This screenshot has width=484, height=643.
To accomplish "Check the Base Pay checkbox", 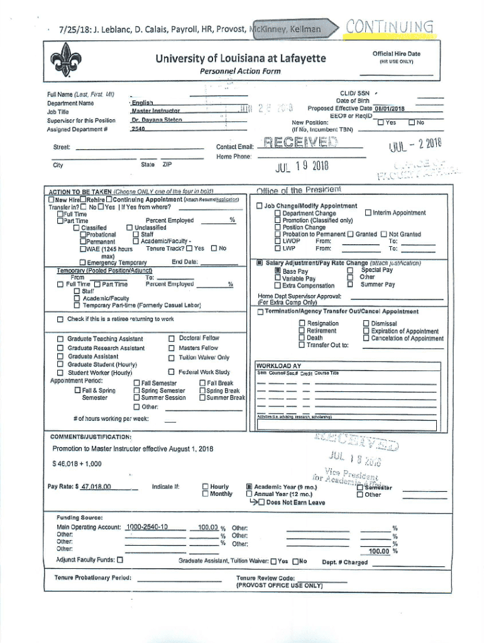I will (277, 271).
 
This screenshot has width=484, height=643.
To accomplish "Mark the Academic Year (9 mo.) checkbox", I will (249, 486).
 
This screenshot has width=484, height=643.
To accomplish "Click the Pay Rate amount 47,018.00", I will (96, 487).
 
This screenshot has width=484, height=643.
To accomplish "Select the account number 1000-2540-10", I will (146, 527).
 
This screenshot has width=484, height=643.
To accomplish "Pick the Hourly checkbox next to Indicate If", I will (205, 486).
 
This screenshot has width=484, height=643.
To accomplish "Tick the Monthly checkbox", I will (205, 494).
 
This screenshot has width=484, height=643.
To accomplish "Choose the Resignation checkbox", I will (302, 323).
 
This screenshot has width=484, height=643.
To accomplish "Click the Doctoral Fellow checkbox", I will (172, 338).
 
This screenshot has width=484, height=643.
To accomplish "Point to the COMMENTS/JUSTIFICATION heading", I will (90, 436).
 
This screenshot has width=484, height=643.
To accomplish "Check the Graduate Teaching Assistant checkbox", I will (60, 338).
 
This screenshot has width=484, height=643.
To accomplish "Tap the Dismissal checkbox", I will (366, 323).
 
